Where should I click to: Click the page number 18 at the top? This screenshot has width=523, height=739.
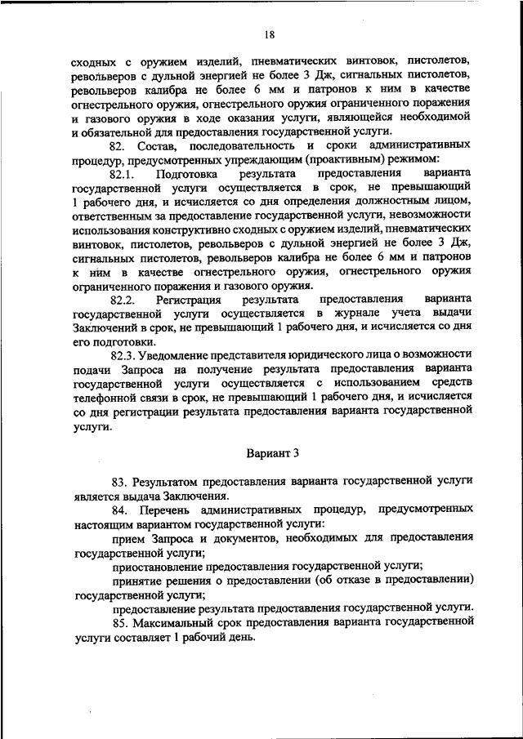click(270, 34)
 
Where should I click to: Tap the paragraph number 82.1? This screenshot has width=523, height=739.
click(123, 175)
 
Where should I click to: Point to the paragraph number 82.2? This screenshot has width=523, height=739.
click(123, 300)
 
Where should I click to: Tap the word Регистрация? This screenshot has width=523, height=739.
click(190, 300)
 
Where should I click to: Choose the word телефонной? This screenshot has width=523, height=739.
click(101, 397)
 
